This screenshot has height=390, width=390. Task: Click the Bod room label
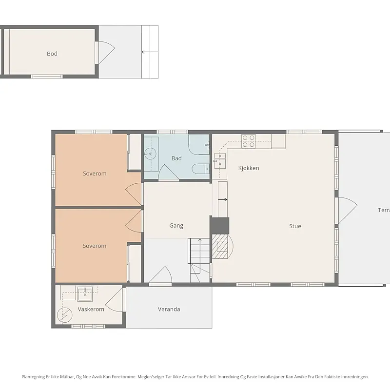pos(52,54)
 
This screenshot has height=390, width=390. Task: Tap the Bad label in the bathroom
pos(176,158)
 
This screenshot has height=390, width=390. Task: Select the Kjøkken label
pos(249,168)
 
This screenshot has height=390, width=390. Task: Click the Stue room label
pos(295,226)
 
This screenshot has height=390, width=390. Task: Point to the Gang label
pos(176,226)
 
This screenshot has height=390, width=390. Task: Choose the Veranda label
pos(169,309)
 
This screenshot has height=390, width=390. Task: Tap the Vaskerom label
pos(91,309)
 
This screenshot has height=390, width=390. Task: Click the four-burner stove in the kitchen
pos(249,141)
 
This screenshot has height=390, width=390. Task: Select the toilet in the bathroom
pos(201,169)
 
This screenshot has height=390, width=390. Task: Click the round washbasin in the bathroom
pos(150,154)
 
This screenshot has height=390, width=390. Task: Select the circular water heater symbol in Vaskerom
pos(65,315)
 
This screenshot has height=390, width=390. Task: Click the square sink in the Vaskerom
pos(85,294)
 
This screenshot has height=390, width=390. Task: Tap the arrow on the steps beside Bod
pos(150,52)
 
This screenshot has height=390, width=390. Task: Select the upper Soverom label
pos(95,174)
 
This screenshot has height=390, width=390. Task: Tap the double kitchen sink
pos(220,161)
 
